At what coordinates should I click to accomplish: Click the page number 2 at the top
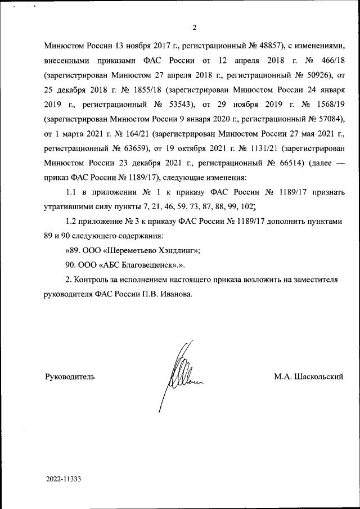[x=194, y=28]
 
